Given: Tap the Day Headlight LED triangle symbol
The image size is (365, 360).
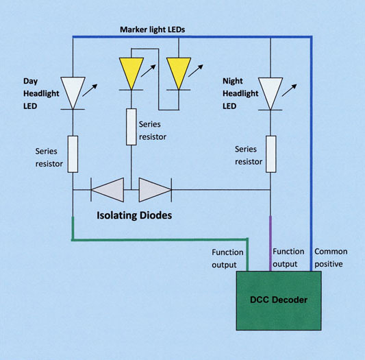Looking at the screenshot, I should [x=73, y=90].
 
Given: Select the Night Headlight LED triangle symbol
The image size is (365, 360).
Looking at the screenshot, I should [x=271, y=90].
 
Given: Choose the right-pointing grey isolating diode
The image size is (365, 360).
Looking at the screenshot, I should [x=153, y=190].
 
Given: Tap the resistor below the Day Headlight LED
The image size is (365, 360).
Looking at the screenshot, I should [x=73, y=154].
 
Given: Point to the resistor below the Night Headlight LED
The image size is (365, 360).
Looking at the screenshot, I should [x=271, y=154].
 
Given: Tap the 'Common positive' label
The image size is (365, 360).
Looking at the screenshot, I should [x=330, y=258].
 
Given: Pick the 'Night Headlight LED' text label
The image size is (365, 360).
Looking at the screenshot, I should [x=237, y=93].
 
